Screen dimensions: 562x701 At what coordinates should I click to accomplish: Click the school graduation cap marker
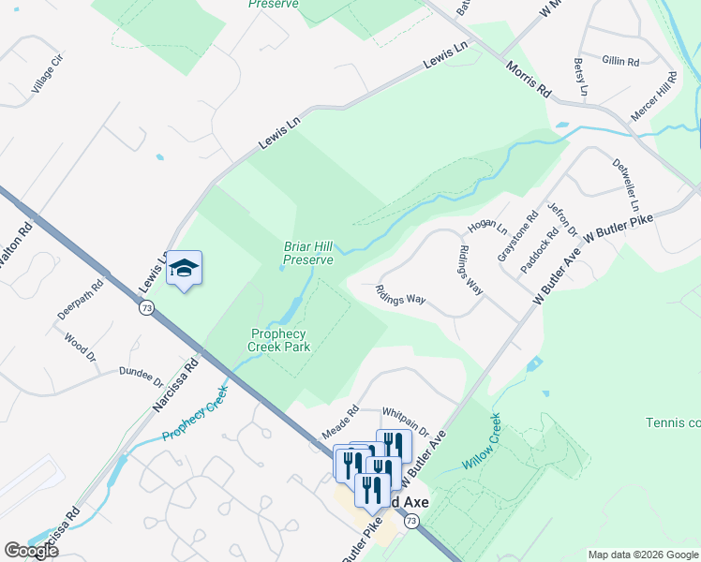(x=184, y=270)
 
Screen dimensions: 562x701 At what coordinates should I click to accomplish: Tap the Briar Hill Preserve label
(x=308, y=254)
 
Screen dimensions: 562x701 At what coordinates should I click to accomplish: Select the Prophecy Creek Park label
(x=278, y=340)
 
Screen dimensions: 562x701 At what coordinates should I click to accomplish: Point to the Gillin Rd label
(x=620, y=61)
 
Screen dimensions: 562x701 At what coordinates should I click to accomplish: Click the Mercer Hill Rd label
(x=653, y=96)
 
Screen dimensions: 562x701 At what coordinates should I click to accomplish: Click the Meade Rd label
(x=340, y=422)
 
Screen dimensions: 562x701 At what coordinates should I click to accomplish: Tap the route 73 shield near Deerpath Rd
(x=145, y=307)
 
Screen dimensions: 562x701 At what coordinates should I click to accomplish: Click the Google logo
(x=31, y=551)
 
